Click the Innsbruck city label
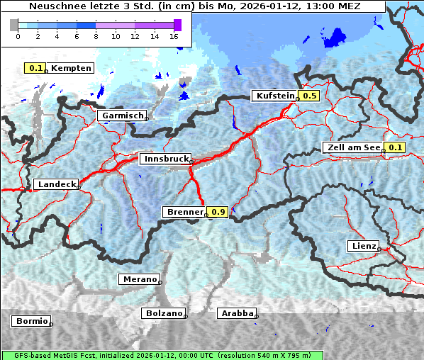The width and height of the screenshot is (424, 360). click(164, 159)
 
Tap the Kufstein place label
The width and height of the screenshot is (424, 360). click(274, 96)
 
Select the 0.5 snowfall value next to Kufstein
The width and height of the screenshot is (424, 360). click(309, 96)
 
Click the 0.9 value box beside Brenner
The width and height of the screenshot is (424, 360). click(218, 212)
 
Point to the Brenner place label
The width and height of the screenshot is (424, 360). click(185, 212)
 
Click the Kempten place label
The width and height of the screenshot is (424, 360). click(70, 68)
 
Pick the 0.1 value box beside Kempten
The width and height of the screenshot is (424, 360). click(35, 68)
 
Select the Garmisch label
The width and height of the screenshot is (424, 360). click(123, 116)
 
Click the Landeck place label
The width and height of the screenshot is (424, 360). click(56, 184)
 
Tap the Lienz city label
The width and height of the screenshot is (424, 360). click(363, 246)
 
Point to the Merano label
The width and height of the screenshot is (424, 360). click(139, 279)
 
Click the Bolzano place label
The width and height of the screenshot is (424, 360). click(164, 313)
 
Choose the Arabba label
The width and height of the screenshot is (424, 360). click(237, 313)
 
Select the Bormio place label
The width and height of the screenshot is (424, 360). click(31, 321)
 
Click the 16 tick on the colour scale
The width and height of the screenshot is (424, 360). click(174, 36)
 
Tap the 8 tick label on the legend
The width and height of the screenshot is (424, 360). click(96, 36)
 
